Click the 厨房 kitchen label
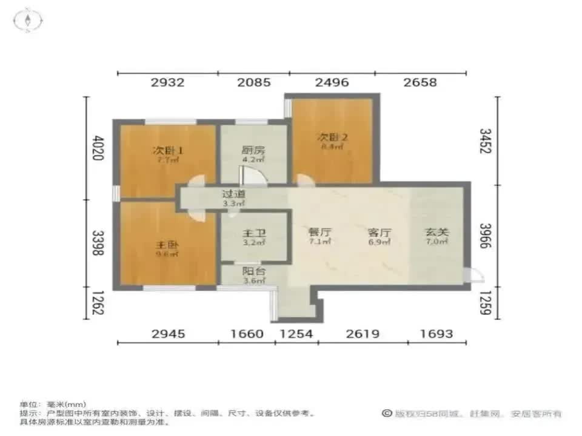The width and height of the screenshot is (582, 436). tap(253, 151)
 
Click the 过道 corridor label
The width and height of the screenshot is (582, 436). tap(233, 195)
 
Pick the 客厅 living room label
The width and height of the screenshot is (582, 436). tap(379, 232)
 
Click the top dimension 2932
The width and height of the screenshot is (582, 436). tap(167, 82)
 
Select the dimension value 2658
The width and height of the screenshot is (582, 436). tap(420, 82)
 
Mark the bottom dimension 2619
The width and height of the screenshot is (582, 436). tap(363, 334)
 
